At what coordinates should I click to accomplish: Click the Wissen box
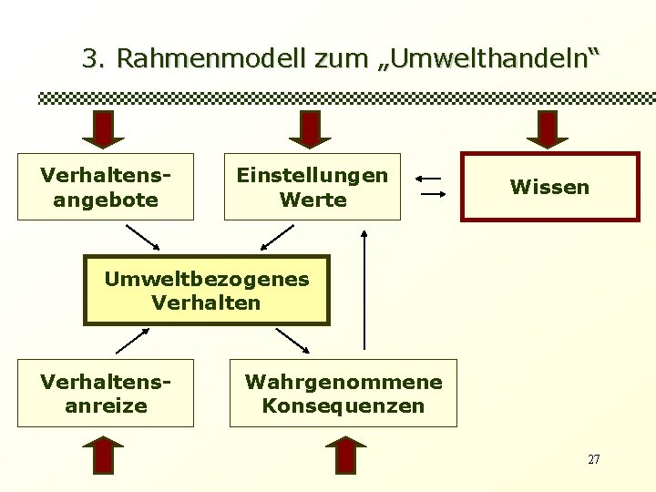549,188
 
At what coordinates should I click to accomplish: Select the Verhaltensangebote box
106,187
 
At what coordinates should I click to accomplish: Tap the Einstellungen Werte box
312,187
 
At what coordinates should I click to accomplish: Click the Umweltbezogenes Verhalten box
206,290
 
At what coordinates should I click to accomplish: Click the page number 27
593,459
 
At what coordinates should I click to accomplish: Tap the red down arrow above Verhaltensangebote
103,128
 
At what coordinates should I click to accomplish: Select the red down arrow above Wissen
548,128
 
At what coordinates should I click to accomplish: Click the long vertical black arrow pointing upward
364,290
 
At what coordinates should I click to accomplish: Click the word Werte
312,199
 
